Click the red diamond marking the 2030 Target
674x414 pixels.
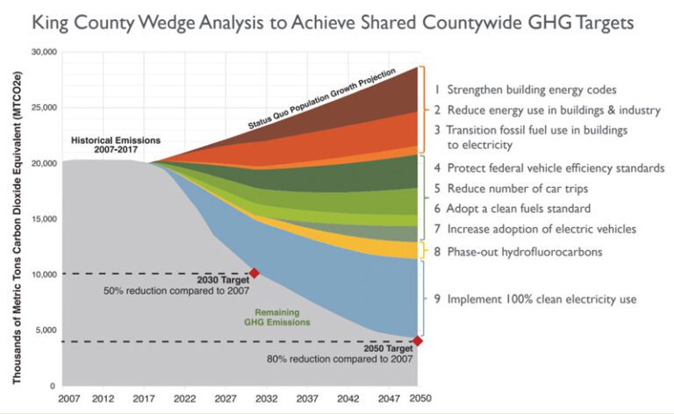tap(255, 274)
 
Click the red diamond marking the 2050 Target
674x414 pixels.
tap(417, 341)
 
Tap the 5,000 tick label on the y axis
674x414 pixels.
tap(44, 330)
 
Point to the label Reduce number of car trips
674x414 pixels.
tap(513, 188)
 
